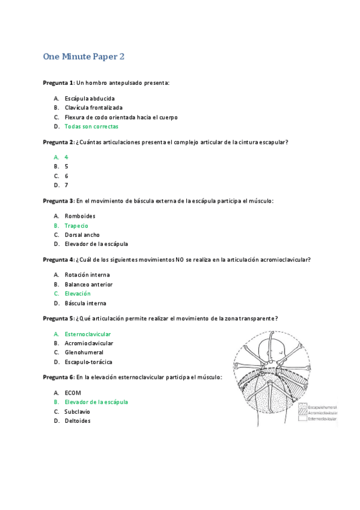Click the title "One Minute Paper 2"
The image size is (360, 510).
pos(84,57)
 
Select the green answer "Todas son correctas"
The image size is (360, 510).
pos(91,127)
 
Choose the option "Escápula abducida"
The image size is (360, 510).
pos(90,98)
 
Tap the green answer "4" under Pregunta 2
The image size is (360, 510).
pos(66,157)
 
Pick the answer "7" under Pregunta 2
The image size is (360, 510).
pos(66,185)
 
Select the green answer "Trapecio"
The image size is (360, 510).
pos(76,226)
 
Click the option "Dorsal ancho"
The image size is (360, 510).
pos(82,235)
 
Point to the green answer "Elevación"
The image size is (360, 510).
pos(78,293)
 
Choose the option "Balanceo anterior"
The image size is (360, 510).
pos(88,284)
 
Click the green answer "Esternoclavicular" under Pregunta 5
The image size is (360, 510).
pos(88,334)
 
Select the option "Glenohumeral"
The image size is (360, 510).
pos(84,352)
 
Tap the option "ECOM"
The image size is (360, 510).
pos(73,393)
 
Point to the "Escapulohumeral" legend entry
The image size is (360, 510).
pos(322,407)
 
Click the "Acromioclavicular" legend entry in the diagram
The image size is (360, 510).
pos(323,413)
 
